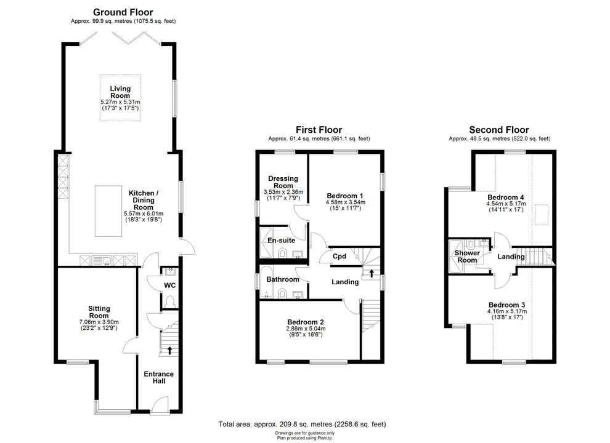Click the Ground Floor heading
point(123,12)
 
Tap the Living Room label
point(120,92)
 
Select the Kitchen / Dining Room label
point(144,200)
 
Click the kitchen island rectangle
point(108,211)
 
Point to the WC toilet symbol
point(169,301)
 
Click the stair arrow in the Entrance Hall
point(169,351)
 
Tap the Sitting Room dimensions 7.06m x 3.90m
point(99,322)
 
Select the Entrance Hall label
point(159,377)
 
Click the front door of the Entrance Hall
point(160,405)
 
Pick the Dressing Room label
point(283,182)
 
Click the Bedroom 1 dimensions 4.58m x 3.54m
point(346,202)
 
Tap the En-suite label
point(281,241)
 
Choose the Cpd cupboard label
point(340,256)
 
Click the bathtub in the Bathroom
point(267,282)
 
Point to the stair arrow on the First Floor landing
point(372,273)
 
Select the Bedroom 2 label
point(306,322)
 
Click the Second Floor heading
point(499,130)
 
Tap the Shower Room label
point(467,257)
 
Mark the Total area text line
point(303,425)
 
